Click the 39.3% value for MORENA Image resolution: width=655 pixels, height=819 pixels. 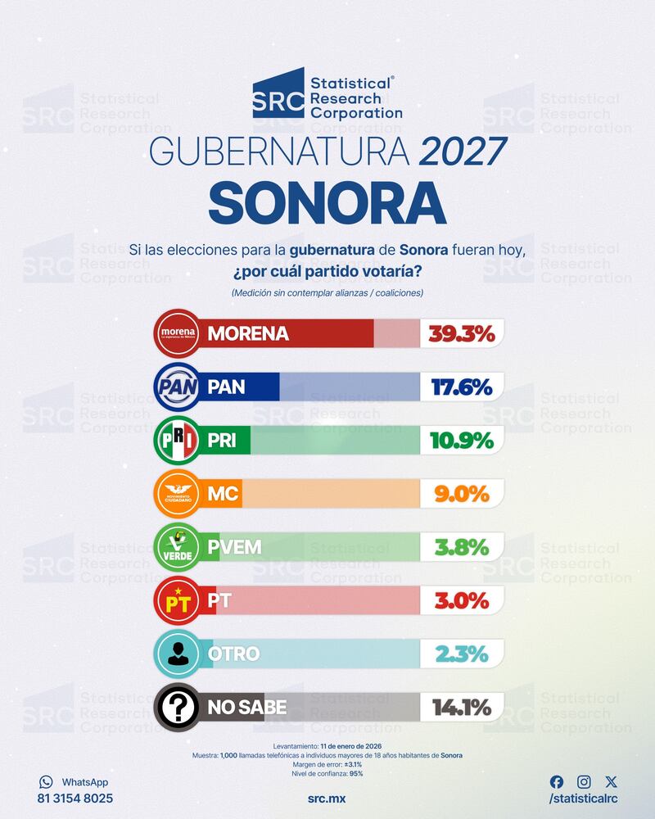pos(462,333)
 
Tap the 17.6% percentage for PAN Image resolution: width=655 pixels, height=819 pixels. pos(462,387)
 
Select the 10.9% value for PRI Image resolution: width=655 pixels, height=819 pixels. pos(462,440)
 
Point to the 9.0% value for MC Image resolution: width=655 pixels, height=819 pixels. pos(462,494)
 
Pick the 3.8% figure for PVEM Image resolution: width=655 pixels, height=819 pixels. pos(462,547)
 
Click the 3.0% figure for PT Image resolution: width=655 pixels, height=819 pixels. pos(462,600)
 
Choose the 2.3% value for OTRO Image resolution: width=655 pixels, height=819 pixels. pos(462,654)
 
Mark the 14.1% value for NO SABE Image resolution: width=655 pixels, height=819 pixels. pos(462,707)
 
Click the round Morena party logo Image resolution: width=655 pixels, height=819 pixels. pos(178,333)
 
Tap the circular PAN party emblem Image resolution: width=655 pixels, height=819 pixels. pos(178,387)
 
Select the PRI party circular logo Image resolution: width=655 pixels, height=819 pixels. pos(178,441)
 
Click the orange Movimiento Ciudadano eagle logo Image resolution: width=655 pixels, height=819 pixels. pos(178,494)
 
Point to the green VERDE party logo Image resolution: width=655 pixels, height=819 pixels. pos(178,547)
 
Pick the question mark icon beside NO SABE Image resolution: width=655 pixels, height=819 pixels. pos(178,707)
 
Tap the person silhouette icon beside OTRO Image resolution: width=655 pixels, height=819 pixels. pos(178,654)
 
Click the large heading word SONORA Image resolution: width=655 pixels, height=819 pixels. pos(327,202)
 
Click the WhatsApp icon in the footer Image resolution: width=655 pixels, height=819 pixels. pos(46,782)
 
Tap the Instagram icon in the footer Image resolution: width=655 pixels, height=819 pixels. pos(584,782)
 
